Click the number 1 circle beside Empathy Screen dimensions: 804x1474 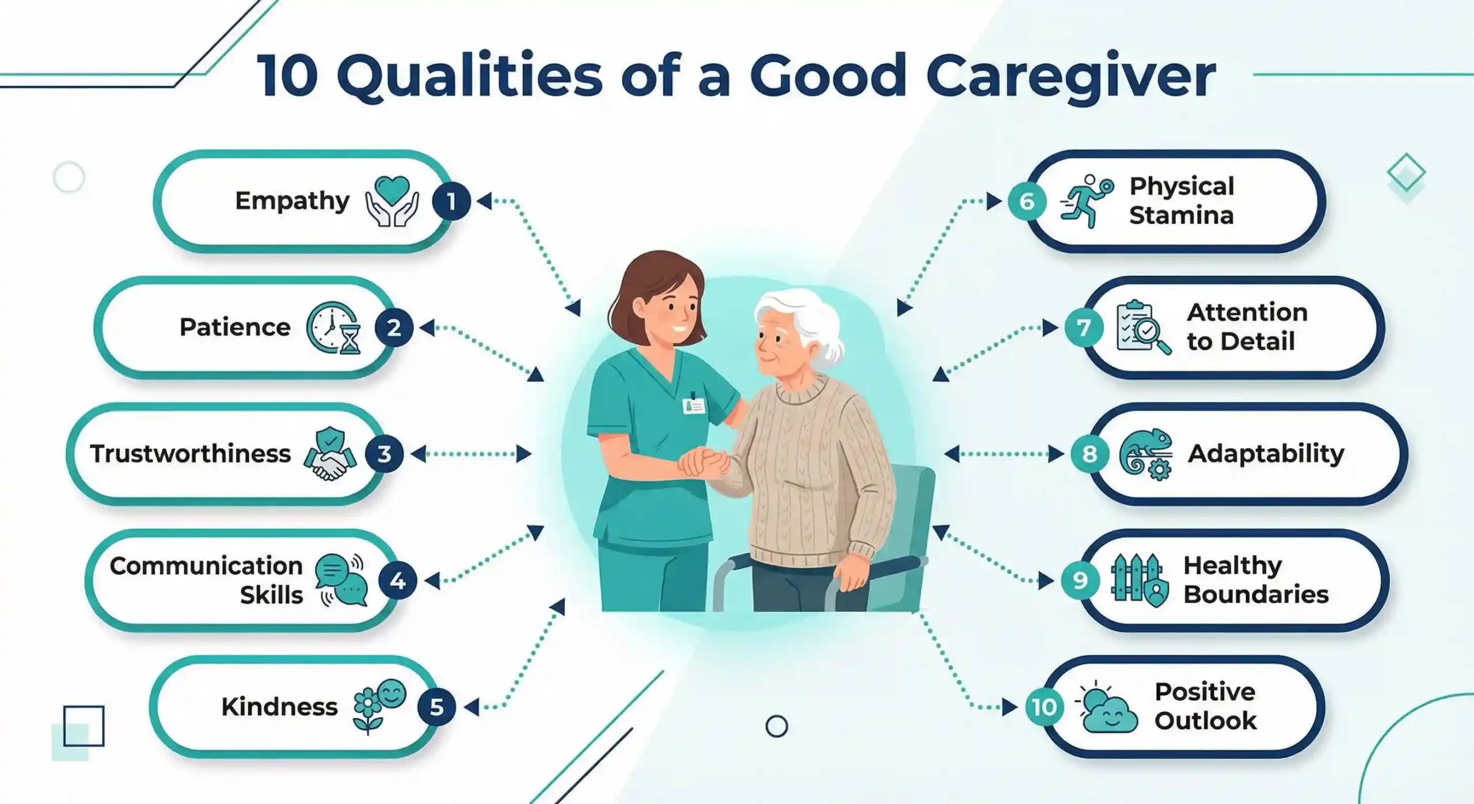point(451,202)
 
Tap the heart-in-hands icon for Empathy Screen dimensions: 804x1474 point(392,201)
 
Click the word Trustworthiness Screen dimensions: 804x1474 point(190,454)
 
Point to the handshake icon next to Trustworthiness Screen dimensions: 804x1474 point(330,454)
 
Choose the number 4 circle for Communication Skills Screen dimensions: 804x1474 point(397,581)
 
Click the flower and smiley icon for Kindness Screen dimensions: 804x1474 point(379,706)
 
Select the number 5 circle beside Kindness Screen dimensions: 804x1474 point(436,707)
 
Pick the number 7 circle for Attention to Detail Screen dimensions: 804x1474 point(1084,328)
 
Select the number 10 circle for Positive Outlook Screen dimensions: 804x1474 point(1044,707)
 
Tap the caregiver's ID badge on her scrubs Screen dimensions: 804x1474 point(694,405)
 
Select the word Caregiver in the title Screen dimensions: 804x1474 point(1070,77)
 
